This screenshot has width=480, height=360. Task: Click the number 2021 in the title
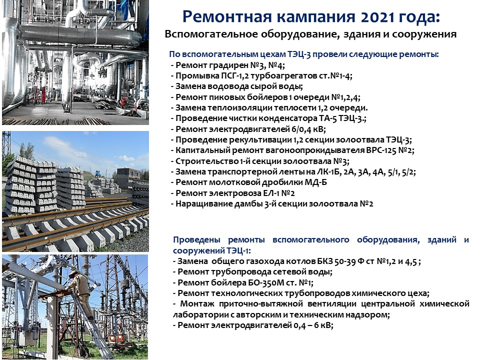[377, 17]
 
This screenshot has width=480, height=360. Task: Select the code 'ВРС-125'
[381, 150]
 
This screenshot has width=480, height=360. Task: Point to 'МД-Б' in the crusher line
[315, 182]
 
